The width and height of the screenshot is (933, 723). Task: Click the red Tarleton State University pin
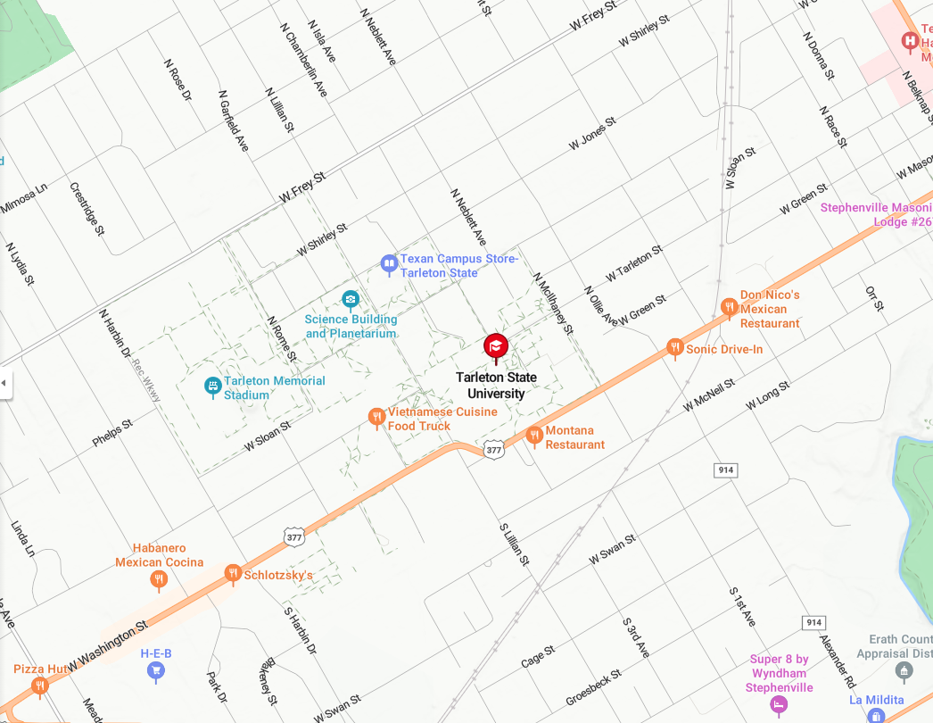click(x=496, y=347)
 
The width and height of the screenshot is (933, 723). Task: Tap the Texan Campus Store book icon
click(x=389, y=262)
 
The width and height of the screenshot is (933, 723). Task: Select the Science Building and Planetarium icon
click(x=351, y=298)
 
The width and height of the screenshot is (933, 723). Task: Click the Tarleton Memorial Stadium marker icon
click(x=212, y=385)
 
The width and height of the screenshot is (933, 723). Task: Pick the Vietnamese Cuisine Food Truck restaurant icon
click(x=377, y=416)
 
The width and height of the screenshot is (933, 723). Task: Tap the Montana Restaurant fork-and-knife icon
click(x=534, y=435)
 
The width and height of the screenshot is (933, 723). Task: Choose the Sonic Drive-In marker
click(x=675, y=346)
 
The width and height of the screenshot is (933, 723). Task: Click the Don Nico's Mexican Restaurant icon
click(x=729, y=307)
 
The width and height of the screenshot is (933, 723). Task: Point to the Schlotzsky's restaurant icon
click(x=233, y=572)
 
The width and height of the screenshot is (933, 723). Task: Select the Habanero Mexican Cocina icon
click(x=159, y=580)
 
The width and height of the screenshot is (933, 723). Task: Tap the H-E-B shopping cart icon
click(x=156, y=669)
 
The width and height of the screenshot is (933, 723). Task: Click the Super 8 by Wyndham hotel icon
click(x=779, y=704)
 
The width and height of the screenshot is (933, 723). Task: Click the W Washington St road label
click(x=107, y=644)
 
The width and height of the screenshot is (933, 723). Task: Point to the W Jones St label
click(x=592, y=134)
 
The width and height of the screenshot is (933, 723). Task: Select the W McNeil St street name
click(x=708, y=395)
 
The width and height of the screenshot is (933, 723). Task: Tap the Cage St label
click(x=538, y=659)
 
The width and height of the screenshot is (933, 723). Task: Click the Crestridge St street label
click(x=87, y=210)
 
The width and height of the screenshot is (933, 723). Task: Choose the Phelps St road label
click(x=112, y=432)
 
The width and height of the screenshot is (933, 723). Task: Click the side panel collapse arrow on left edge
click(x=5, y=383)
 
